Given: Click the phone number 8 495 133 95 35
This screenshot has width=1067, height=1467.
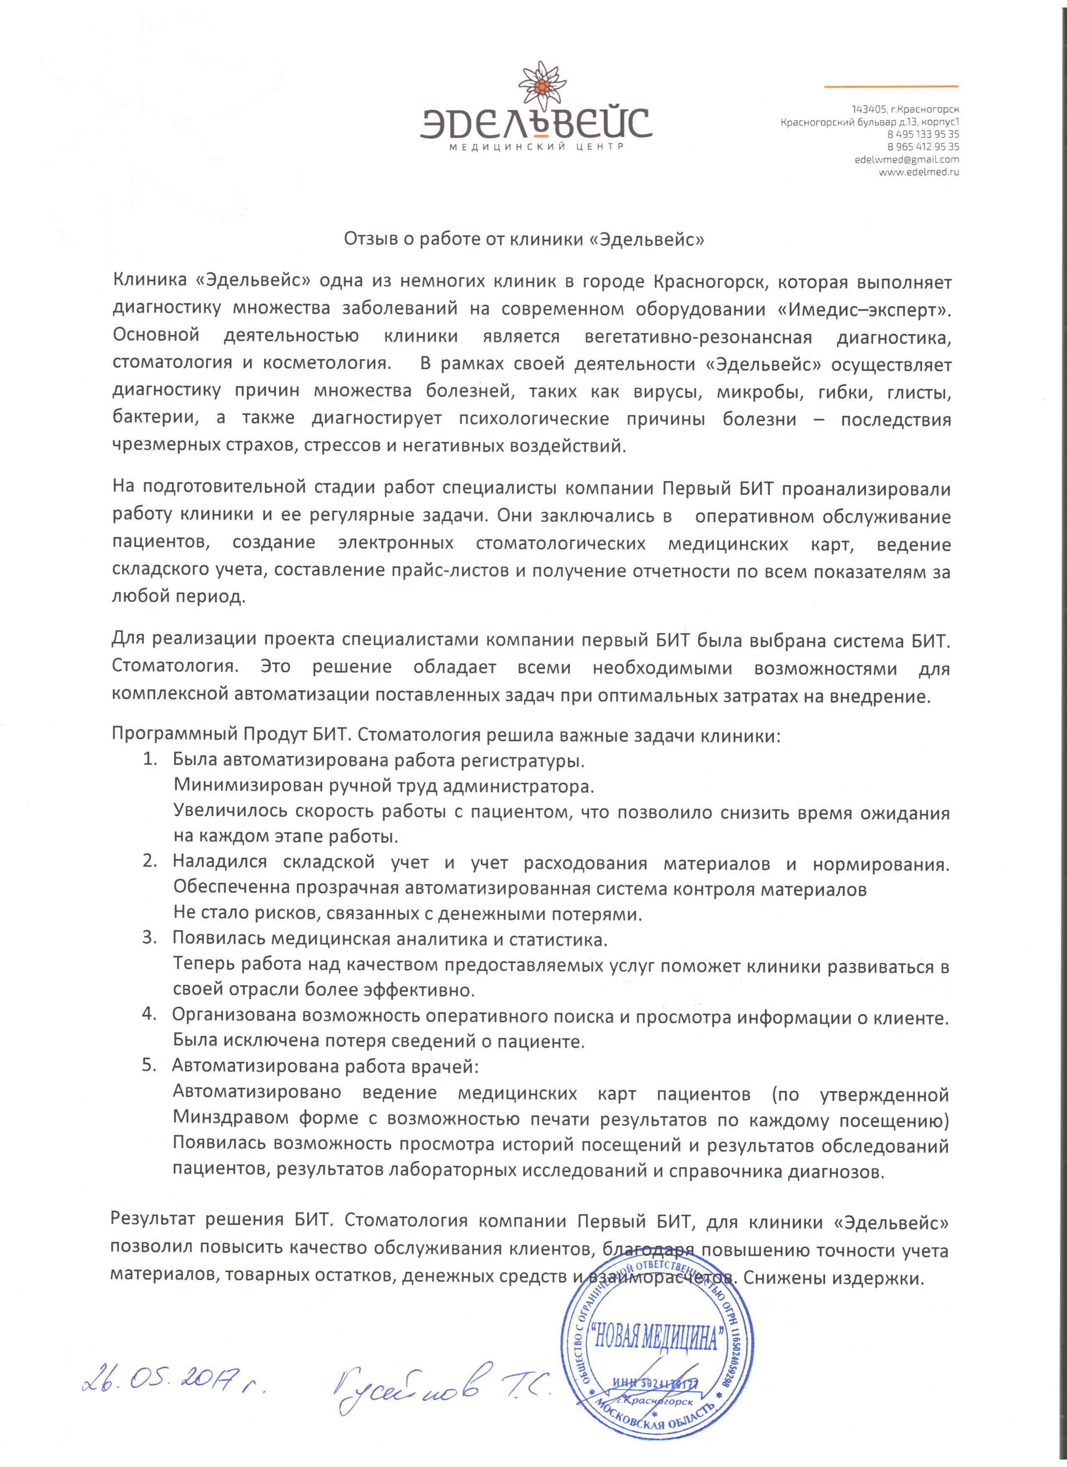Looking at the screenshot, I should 923,134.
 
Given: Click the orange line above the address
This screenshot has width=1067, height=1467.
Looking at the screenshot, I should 890,85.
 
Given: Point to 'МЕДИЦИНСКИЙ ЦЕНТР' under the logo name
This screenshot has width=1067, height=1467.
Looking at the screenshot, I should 536,148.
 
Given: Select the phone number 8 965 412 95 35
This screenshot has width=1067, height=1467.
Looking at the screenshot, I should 923,147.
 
